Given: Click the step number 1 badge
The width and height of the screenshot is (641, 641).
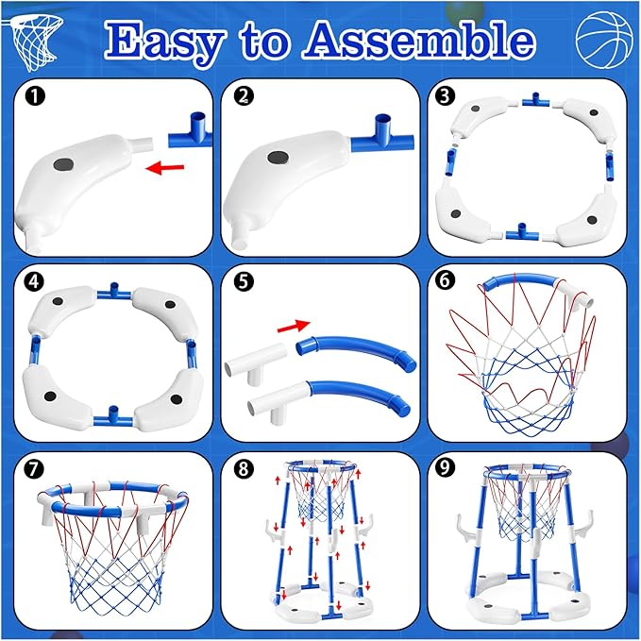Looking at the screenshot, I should (x=34, y=96).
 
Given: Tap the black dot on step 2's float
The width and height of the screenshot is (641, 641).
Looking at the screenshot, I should (x=280, y=159).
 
